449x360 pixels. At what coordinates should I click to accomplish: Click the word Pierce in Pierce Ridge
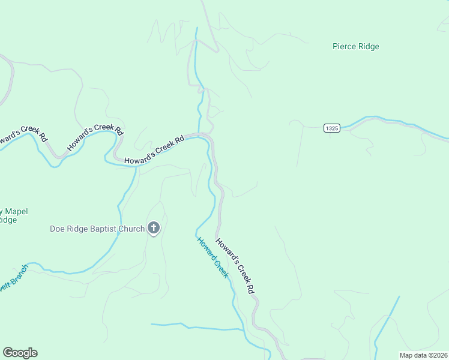tap(345, 47)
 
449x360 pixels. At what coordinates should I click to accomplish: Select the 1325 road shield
tap(332, 128)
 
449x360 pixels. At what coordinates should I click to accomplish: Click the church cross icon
tap(154, 228)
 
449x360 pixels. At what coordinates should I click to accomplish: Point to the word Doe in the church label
tap(57, 229)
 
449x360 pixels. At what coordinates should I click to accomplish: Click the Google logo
tap(20, 353)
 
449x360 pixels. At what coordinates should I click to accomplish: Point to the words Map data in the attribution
tap(414, 355)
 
